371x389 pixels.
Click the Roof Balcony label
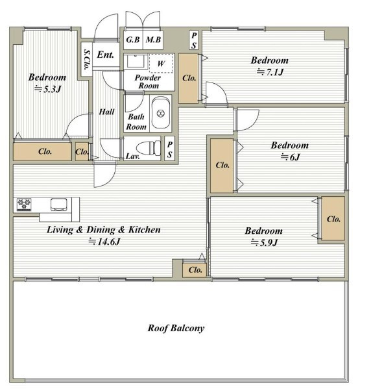click(x=176, y=328)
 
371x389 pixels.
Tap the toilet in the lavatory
click(x=149, y=148)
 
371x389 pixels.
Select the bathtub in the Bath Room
click(x=161, y=113)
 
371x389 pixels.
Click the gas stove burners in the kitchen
click(x=24, y=205)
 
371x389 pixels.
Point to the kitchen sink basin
click(x=59, y=205)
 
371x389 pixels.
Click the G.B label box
click(x=133, y=40)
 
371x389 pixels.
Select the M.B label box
click(x=153, y=40)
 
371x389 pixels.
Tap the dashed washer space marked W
click(x=161, y=64)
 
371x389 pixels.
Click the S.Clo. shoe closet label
click(x=87, y=60)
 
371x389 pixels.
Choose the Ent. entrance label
click(x=105, y=55)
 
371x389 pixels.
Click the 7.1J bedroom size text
click(x=270, y=72)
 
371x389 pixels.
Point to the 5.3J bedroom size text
click(x=47, y=89)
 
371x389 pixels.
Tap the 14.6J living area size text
click(x=104, y=242)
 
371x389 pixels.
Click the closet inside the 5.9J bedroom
click(x=333, y=219)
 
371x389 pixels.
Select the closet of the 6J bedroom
click(x=222, y=166)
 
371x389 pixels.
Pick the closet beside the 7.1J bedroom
click(x=188, y=79)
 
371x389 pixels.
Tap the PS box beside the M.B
click(x=194, y=40)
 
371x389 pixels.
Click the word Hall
click(x=106, y=112)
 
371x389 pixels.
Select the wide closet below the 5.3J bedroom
click(x=42, y=151)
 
